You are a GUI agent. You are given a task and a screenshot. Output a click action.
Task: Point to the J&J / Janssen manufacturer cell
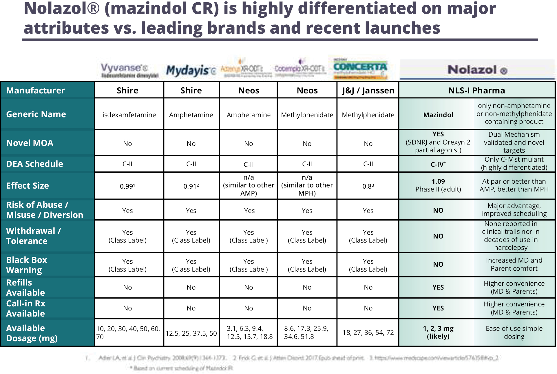(x=368, y=91)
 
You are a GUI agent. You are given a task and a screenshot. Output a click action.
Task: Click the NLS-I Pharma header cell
(x=476, y=91)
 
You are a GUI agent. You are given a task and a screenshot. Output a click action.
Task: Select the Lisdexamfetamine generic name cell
(x=127, y=115)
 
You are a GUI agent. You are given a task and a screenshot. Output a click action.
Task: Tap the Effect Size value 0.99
(x=127, y=186)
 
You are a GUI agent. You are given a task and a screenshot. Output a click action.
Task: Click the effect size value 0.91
(x=191, y=186)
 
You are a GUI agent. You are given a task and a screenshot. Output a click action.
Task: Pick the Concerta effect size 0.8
(x=368, y=186)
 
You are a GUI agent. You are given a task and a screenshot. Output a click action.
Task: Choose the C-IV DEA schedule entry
(x=438, y=165)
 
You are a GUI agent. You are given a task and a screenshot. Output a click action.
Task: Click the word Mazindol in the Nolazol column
(x=438, y=115)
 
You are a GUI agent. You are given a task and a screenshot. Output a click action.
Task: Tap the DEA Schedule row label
(x=35, y=164)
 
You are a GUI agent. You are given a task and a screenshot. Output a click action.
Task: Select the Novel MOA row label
(x=30, y=143)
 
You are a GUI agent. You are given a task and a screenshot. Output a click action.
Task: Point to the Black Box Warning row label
(x=27, y=265)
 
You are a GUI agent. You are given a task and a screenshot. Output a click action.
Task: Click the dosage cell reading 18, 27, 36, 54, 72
(x=368, y=333)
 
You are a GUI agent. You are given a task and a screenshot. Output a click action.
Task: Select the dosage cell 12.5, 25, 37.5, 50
(x=191, y=333)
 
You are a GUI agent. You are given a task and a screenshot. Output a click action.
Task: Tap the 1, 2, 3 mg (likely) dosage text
(x=438, y=332)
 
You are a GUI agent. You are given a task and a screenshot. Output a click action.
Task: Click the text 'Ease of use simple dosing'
(x=514, y=333)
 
